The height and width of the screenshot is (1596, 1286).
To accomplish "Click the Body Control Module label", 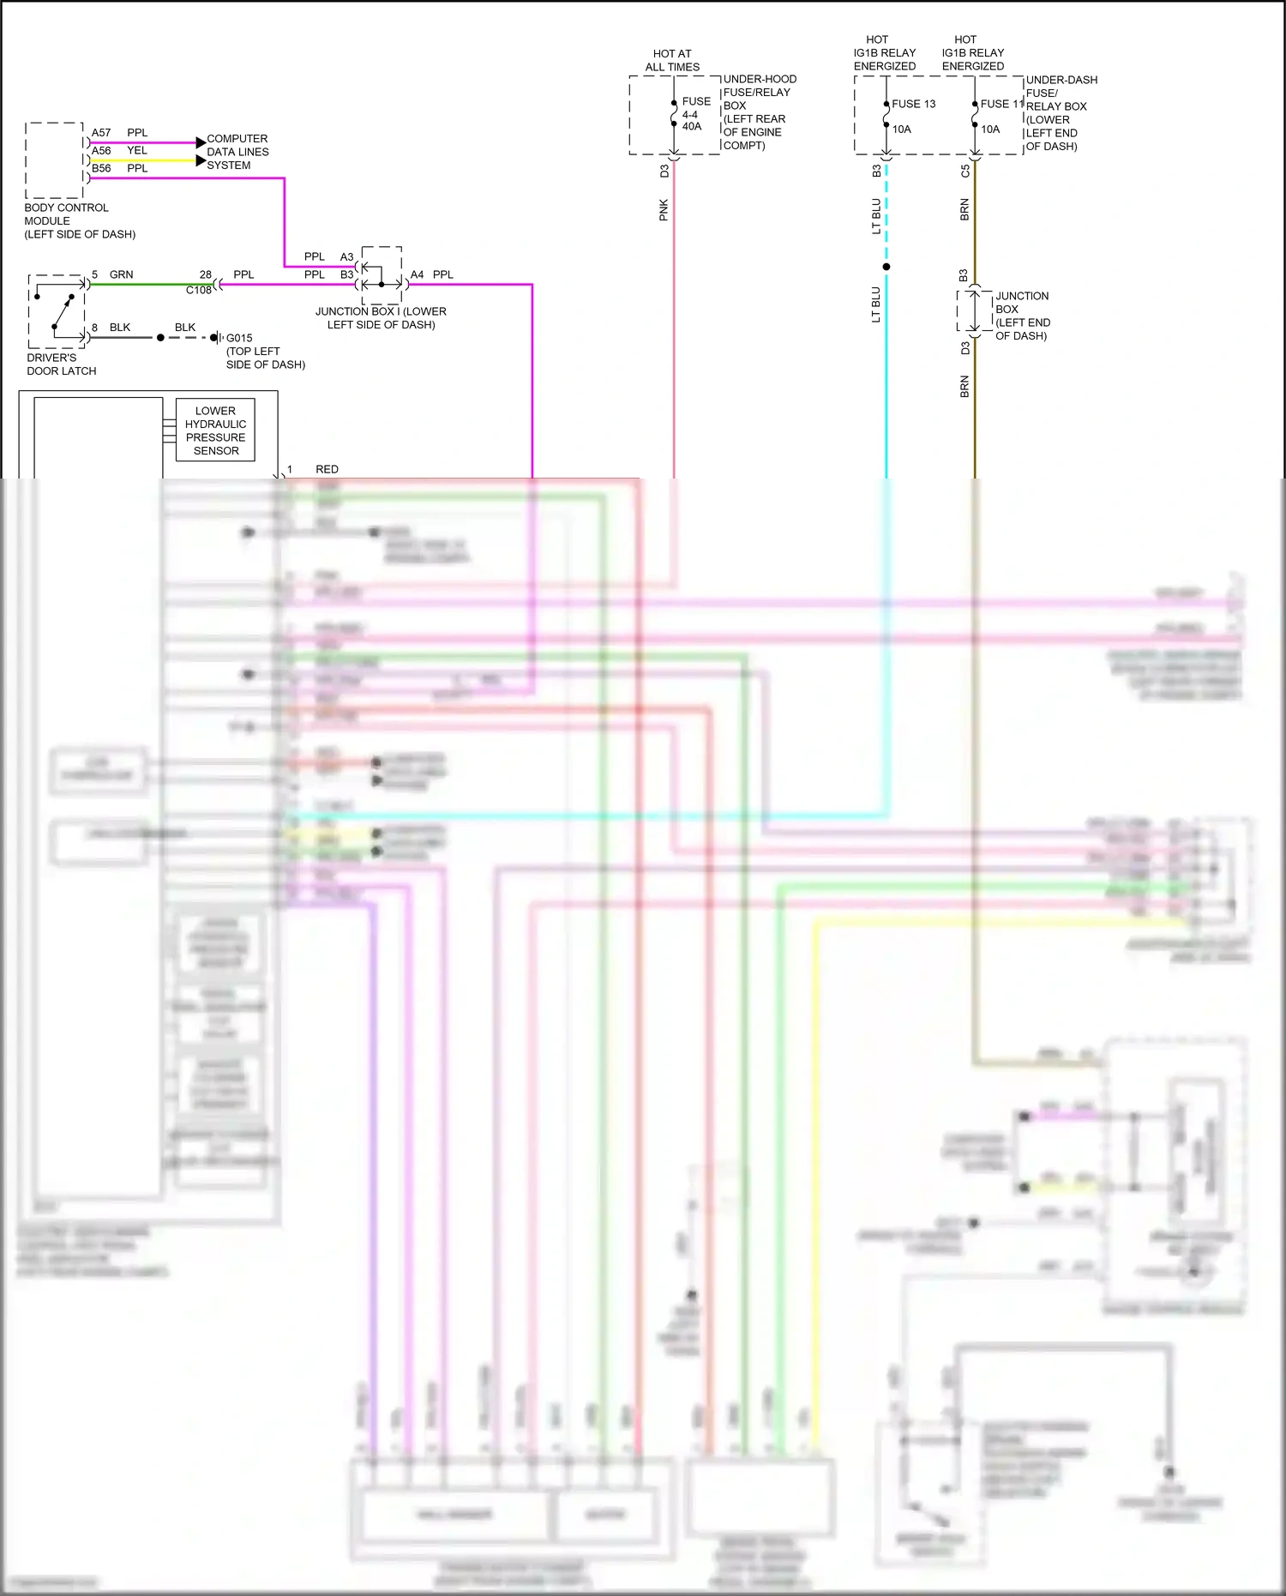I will (x=79, y=220).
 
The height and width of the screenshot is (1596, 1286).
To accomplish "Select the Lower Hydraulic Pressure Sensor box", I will (x=215, y=431).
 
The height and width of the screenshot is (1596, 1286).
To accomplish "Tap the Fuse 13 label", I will (x=914, y=104).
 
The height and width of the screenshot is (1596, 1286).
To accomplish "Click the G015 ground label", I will (x=239, y=338).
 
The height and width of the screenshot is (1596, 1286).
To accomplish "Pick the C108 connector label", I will (x=198, y=290).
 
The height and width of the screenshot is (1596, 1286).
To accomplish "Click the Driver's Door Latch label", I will (x=61, y=364).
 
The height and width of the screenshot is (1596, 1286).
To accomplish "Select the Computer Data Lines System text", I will (x=237, y=152).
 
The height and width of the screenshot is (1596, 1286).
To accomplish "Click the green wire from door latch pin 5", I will (x=146, y=284).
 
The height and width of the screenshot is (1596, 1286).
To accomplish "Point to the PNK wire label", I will (x=664, y=210).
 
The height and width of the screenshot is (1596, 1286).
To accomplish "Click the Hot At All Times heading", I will (x=672, y=60).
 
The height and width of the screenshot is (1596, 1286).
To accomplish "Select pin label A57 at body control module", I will (x=101, y=133).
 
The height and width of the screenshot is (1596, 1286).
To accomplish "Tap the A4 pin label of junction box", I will (x=417, y=274).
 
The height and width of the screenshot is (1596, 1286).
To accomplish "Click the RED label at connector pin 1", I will (x=327, y=469).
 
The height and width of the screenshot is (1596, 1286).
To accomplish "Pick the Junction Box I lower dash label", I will (x=381, y=318).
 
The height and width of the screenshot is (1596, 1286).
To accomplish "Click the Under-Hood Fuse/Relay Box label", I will (x=759, y=111).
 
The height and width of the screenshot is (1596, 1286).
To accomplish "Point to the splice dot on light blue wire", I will (x=886, y=267).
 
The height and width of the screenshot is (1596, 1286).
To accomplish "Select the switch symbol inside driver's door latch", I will (x=62, y=311).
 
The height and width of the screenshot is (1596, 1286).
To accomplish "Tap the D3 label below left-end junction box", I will (x=964, y=348).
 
